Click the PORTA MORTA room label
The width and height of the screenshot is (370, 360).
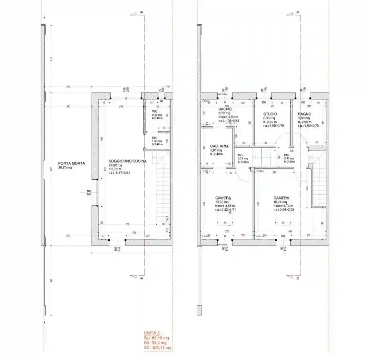point(71,163)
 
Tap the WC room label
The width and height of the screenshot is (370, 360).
point(155,112)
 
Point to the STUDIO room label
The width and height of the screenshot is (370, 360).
point(270,114)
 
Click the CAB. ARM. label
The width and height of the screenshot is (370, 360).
point(217,146)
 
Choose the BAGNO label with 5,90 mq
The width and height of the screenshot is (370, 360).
point(305,114)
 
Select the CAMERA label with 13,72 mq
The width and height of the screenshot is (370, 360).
point(223,198)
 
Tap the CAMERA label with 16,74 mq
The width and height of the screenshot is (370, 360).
point(281,198)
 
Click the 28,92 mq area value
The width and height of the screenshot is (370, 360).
point(115,165)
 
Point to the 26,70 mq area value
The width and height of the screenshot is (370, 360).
point(65,168)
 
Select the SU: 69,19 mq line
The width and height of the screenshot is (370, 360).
point(156,338)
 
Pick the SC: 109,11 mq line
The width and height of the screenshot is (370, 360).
point(157,348)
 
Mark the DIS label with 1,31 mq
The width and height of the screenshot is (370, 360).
point(240,155)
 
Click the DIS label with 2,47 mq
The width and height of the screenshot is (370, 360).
point(287,155)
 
